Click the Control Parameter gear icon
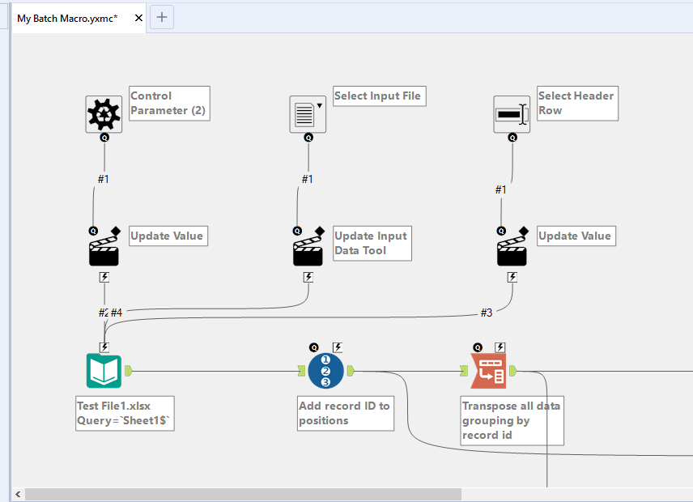[x=104, y=114]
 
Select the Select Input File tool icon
[x=308, y=114]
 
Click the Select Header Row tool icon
[x=512, y=114]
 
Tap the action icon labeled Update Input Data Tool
[x=308, y=251]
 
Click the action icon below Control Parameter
[x=104, y=251]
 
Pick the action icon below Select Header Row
[x=512, y=251]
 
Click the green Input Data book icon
[x=104, y=371]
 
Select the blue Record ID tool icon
[x=325, y=371]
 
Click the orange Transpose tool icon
[x=488, y=371]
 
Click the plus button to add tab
[x=162, y=17]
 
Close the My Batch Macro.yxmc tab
[x=138, y=18]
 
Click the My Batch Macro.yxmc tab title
[x=68, y=18]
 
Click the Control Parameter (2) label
[x=169, y=103]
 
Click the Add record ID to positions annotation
[x=345, y=413]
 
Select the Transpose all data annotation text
[x=511, y=420]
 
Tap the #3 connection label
[x=486, y=313]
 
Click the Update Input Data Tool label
[x=372, y=243]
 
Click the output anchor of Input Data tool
[x=129, y=371]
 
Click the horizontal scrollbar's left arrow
[x=18, y=494]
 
